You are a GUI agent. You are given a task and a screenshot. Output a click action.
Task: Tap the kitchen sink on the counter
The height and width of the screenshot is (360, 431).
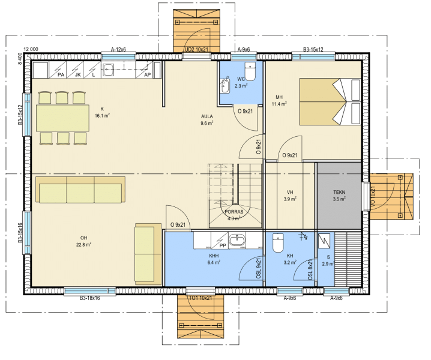(x=108, y=70)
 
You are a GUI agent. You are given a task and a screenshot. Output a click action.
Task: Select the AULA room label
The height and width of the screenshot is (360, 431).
(x=206, y=116)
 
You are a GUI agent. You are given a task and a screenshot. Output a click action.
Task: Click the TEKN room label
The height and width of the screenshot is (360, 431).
(x=339, y=193)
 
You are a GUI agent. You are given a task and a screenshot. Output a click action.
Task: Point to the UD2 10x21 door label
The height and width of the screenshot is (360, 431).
(x=196, y=50)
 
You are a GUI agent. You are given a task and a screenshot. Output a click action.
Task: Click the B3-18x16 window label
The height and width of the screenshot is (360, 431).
(x=89, y=298)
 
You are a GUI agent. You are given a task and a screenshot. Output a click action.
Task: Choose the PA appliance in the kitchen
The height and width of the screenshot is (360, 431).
(x=58, y=70)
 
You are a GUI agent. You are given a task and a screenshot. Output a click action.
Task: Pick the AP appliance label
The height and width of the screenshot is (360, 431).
(x=147, y=74)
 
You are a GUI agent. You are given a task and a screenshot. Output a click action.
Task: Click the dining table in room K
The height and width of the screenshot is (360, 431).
(x=62, y=118)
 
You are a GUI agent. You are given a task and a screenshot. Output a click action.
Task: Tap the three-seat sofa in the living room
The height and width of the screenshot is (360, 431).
(x=80, y=190)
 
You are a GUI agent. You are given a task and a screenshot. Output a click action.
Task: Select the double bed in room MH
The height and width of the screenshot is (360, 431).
(x=330, y=101)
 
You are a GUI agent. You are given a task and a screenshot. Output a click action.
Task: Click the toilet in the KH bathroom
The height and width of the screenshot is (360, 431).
(x=278, y=242)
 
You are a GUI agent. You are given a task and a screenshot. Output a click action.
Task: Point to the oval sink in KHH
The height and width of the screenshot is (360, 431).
(x=237, y=241)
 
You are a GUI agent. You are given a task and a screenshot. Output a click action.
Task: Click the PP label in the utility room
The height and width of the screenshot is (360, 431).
(x=223, y=245)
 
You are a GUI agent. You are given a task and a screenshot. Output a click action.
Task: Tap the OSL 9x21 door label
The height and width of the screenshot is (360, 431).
(x=259, y=268)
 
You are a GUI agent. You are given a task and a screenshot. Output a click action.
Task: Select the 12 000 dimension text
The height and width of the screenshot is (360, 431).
(x=31, y=49)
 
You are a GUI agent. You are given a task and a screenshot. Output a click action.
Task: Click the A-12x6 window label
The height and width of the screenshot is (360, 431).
(x=118, y=49)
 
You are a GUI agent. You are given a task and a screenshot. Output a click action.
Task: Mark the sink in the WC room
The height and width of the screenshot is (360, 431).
(x=225, y=85)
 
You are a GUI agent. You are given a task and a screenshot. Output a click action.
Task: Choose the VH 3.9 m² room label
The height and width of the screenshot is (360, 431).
(x=290, y=196)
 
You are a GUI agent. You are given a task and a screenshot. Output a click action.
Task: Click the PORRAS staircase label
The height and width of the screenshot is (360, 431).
(x=234, y=212)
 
